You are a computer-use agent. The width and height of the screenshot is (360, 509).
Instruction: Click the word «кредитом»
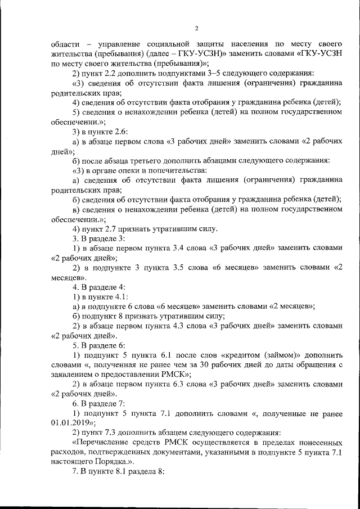(243, 356)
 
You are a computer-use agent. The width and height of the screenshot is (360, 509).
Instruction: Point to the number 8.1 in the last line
(119, 473)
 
